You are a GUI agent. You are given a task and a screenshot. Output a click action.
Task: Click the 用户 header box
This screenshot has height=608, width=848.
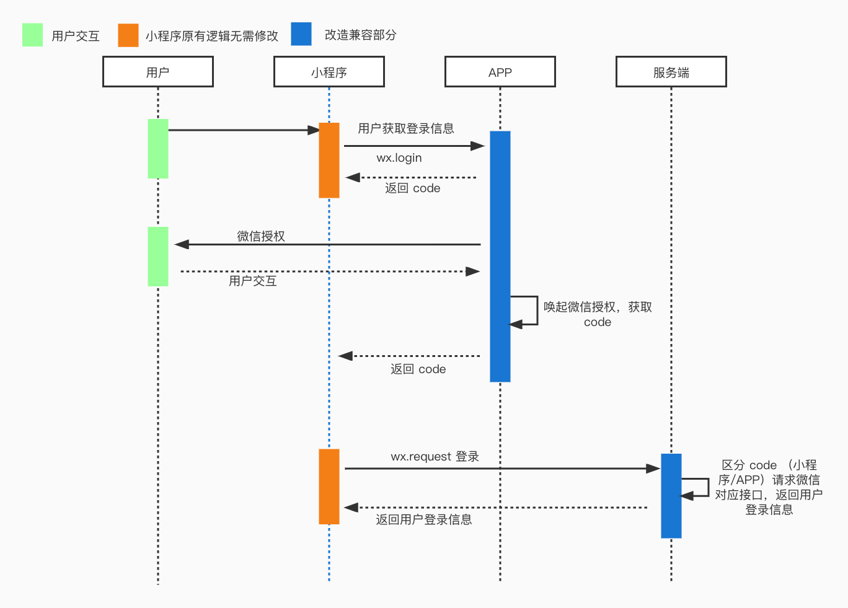tap(158, 72)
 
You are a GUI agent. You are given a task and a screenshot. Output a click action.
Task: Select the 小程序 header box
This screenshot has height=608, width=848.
tap(329, 72)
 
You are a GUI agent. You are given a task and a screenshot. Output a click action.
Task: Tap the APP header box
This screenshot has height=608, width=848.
tap(500, 72)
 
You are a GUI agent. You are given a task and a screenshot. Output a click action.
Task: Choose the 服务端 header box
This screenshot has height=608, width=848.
tap(671, 72)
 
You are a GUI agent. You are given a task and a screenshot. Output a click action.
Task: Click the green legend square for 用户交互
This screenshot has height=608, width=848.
tap(32, 35)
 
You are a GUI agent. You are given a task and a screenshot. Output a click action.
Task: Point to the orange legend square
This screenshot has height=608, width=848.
tap(128, 35)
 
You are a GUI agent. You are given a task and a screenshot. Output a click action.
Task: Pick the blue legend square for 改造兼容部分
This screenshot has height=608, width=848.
tap(301, 34)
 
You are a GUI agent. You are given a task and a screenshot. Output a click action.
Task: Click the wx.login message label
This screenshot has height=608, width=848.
tap(399, 158)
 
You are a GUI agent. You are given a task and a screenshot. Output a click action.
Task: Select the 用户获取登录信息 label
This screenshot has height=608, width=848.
tap(406, 128)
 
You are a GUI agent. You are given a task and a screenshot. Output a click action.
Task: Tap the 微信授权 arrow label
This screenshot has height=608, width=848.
tap(261, 236)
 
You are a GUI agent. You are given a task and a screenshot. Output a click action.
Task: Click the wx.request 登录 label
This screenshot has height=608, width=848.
tap(435, 457)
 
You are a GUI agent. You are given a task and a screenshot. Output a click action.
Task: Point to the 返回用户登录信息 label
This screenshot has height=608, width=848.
tap(424, 519)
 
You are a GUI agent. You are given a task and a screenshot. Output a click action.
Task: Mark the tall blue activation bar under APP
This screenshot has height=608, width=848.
tap(500, 256)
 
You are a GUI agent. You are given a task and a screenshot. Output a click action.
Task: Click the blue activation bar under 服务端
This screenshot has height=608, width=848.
tap(671, 496)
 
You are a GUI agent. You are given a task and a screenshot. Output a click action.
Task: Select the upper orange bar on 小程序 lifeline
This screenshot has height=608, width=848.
tap(329, 160)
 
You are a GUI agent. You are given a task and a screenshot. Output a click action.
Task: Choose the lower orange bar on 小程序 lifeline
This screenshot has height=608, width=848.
tap(329, 487)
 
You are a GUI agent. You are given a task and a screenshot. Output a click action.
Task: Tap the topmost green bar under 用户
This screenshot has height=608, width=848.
tap(158, 149)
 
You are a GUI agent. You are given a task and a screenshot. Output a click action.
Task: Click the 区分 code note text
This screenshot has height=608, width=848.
tap(769, 487)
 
